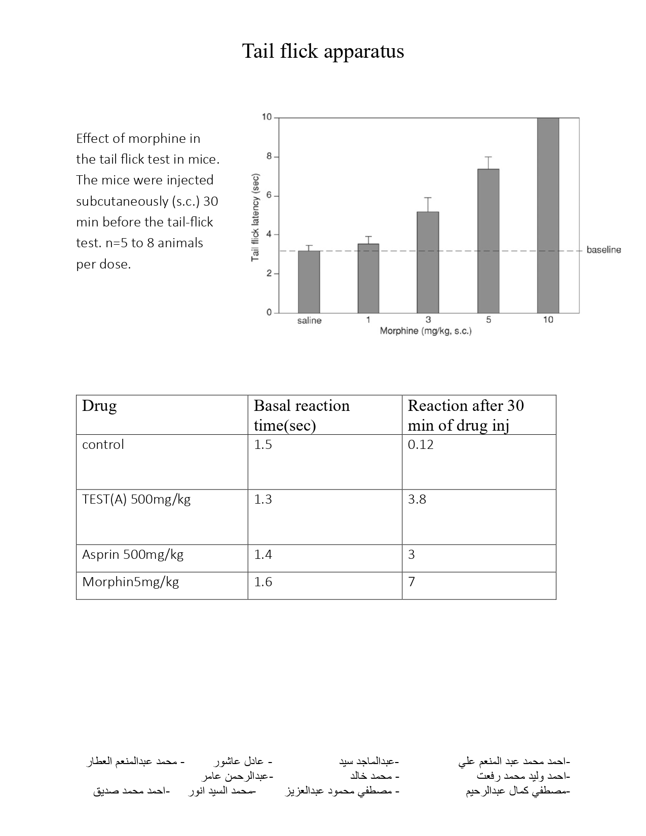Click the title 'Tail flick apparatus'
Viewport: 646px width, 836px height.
coord(323,51)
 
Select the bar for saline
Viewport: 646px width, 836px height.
coord(309,282)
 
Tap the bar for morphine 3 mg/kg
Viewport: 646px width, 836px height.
coord(428,262)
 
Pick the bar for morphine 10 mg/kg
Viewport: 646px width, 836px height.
coord(548,215)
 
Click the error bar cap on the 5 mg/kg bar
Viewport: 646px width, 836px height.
coord(488,157)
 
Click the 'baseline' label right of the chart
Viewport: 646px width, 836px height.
coord(603,250)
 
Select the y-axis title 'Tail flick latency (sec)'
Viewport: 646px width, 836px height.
coord(256,217)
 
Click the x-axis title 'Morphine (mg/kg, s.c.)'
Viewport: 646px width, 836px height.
coord(426,331)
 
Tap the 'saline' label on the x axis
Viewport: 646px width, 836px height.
coord(309,320)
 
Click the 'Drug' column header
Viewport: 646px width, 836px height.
coord(99,406)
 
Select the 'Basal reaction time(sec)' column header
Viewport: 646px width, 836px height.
coord(301,415)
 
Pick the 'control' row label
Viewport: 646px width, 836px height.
coord(103,444)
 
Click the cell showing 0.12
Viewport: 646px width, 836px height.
coord(421,444)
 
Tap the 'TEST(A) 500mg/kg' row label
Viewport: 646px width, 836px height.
coord(136,499)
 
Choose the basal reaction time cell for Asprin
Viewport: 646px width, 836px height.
coord(263,554)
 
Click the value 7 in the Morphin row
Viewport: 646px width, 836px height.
coord(411,582)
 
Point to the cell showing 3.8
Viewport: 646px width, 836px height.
coord(417,499)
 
